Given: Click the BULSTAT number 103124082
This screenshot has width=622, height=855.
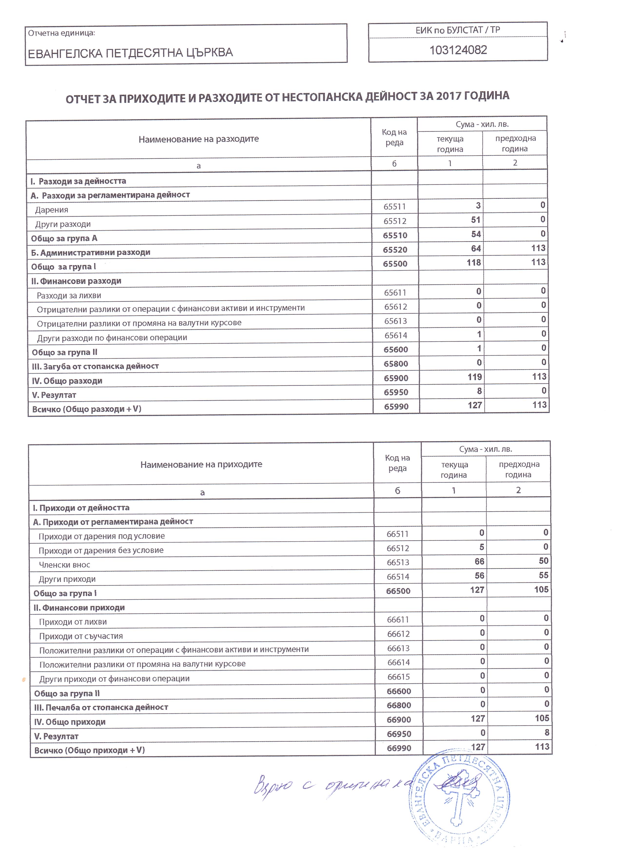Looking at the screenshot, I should click(x=458, y=50).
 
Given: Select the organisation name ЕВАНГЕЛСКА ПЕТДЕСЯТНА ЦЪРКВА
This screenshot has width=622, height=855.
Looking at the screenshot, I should click(x=130, y=53).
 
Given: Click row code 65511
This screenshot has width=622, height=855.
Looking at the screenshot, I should click(x=395, y=207).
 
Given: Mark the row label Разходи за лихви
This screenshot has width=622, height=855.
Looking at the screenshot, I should click(x=69, y=295).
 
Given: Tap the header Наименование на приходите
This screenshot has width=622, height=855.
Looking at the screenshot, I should click(x=201, y=465).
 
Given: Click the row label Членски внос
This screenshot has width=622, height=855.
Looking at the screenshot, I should click(x=65, y=565).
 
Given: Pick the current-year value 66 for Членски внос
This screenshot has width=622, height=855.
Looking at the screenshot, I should click(x=479, y=561).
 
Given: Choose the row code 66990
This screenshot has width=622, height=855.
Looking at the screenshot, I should click(x=399, y=748).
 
